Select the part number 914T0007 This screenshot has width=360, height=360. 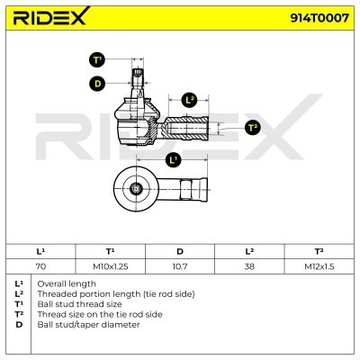click(x=319, y=18)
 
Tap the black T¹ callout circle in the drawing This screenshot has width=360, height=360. click(x=97, y=59)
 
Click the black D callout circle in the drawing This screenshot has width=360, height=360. click(x=97, y=84)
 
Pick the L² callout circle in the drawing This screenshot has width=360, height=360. click(x=189, y=100)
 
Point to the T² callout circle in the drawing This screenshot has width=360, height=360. click(x=253, y=128)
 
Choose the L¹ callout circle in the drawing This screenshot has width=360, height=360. click(x=173, y=159)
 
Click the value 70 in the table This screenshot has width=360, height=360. click(x=40, y=266)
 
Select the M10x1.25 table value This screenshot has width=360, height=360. click(x=111, y=266)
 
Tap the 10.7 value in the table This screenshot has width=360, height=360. click(x=180, y=266)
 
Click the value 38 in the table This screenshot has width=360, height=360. click(x=249, y=266)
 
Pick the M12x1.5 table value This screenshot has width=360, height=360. click(x=319, y=266)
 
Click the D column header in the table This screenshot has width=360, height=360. click(x=180, y=251)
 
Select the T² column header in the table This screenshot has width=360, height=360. click(x=319, y=251)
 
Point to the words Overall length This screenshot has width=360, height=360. click(x=67, y=283)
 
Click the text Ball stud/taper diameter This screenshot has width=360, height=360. click(x=88, y=325)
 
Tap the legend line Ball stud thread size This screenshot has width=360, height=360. click(x=79, y=304)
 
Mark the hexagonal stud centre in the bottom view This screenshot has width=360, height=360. click(x=136, y=189)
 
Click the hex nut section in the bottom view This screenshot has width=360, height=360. click(x=186, y=190)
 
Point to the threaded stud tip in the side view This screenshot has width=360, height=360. click(x=138, y=73)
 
